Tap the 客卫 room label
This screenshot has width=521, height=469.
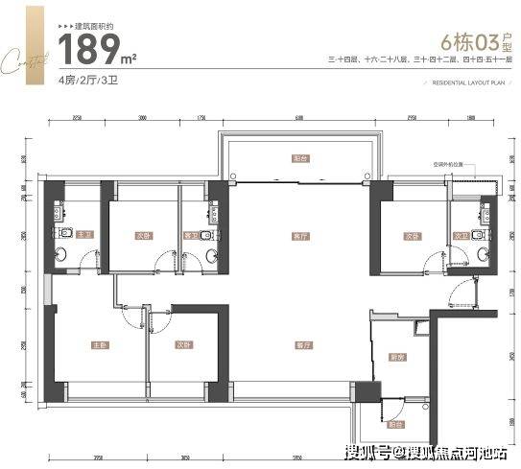pyautogui.click(x=191, y=234)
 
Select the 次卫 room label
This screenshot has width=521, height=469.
pyautogui.click(x=461, y=234)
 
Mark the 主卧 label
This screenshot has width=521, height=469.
pyautogui.click(x=100, y=344)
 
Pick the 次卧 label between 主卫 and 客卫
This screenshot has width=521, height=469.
pyautogui.click(x=142, y=234)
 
